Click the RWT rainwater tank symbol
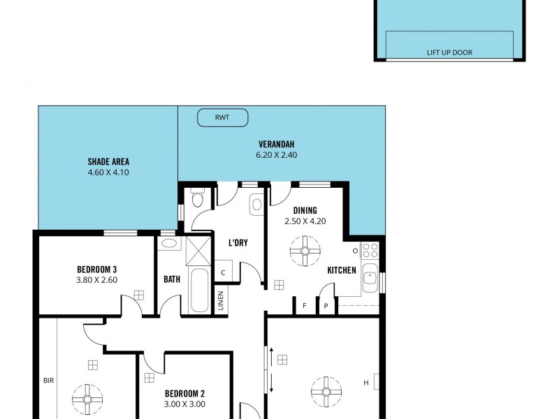pos(222,117)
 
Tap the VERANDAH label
pos(276,144)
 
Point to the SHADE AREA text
pos(108,161)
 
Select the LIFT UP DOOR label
pos(450,52)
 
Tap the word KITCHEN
pos(342,270)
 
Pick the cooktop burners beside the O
pos(370,250)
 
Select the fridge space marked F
pos(304,305)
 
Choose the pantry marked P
pos(326,306)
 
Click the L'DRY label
pos(238,243)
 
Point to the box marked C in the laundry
pos(223,272)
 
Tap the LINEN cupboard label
pos(221,301)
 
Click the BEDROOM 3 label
pos(96,270)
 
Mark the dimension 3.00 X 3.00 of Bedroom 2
pos(184,404)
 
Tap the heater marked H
pos(366,382)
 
